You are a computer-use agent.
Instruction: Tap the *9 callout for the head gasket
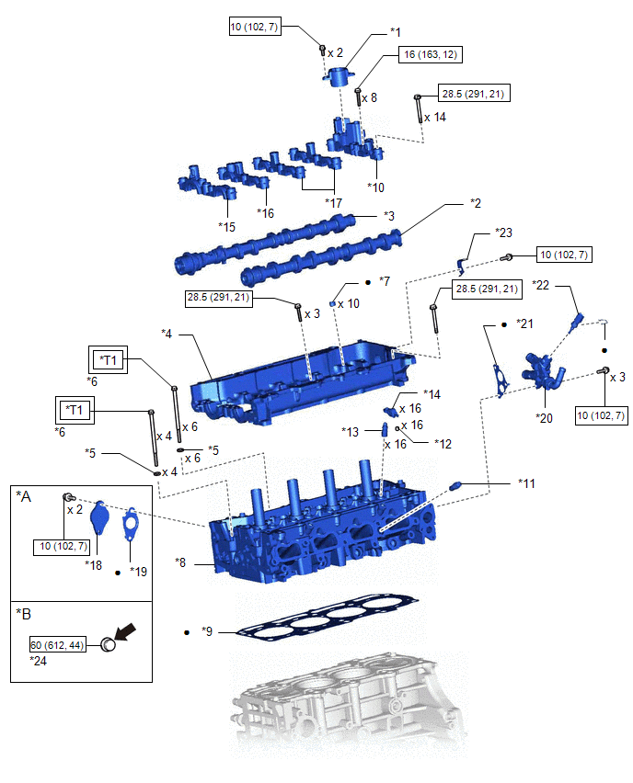click(208, 632)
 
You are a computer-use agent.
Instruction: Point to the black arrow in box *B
click(127, 630)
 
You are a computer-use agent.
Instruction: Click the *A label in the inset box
click(25, 496)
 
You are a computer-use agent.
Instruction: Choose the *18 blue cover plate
click(99, 522)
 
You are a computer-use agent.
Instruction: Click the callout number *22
click(541, 286)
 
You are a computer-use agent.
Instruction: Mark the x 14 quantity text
click(435, 118)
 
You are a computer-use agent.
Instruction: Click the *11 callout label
click(526, 482)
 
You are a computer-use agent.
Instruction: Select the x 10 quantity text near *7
click(349, 303)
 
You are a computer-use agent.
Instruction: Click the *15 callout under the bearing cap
click(227, 225)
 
